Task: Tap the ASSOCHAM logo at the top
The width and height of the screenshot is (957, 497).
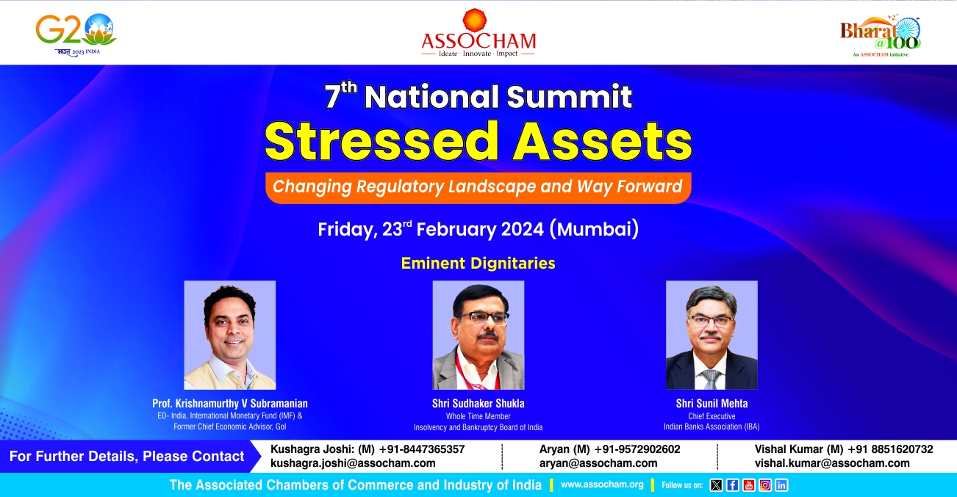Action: click(478, 33)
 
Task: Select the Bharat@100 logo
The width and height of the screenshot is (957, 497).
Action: click(880, 37)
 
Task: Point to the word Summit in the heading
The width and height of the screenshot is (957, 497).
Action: click(569, 96)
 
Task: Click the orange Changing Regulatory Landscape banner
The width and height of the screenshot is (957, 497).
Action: click(478, 187)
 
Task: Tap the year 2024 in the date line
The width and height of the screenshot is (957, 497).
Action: click(522, 229)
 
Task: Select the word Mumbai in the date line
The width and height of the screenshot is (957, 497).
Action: click(594, 229)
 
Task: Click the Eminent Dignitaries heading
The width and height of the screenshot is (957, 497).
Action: click(478, 264)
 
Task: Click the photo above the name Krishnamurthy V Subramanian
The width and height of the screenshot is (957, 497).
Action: click(230, 335)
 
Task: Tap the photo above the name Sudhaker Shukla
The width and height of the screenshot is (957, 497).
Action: click(478, 335)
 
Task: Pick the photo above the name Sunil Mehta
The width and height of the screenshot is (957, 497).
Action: click(712, 335)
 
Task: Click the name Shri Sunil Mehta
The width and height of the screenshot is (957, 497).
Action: click(712, 403)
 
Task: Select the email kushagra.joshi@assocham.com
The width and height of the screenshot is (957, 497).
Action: click(353, 463)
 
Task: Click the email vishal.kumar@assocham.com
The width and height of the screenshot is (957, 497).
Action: click(832, 463)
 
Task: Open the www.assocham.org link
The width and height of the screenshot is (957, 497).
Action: click(602, 485)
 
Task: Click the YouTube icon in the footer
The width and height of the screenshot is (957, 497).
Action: click(748, 485)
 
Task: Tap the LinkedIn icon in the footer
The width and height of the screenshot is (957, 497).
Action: click(781, 485)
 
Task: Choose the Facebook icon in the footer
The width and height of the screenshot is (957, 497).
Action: click(732, 485)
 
